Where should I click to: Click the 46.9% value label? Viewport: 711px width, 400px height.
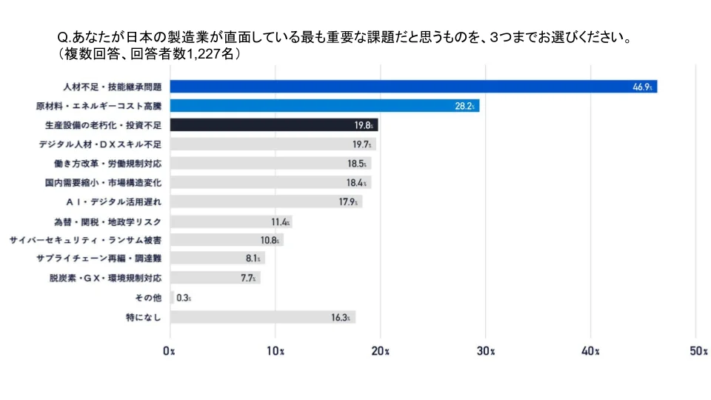pyautogui.click(x=642, y=87)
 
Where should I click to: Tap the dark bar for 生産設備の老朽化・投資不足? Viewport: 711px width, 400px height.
pyautogui.click(x=274, y=125)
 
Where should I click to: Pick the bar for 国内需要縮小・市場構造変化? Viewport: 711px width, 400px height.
pyautogui.click(x=270, y=182)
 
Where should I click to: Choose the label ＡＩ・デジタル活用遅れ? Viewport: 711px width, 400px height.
pyautogui.click(x=113, y=201)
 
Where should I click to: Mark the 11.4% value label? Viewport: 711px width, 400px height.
pyautogui.click(x=279, y=221)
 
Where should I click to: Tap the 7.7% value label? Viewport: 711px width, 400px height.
pyautogui.click(x=248, y=278)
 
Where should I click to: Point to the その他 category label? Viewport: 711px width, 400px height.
pyautogui.click(x=147, y=298)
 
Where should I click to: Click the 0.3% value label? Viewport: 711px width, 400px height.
pyautogui.click(x=184, y=298)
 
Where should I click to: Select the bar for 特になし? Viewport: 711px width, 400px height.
pyautogui.click(x=263, y=317)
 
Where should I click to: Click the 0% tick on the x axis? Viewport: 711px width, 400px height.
pyautogui.click(x=170, y=351)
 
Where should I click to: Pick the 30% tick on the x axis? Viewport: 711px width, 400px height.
pyautogui.click(x=486, y=351)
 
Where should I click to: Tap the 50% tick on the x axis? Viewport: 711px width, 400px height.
pyautogui.click(x=695, y=351)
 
